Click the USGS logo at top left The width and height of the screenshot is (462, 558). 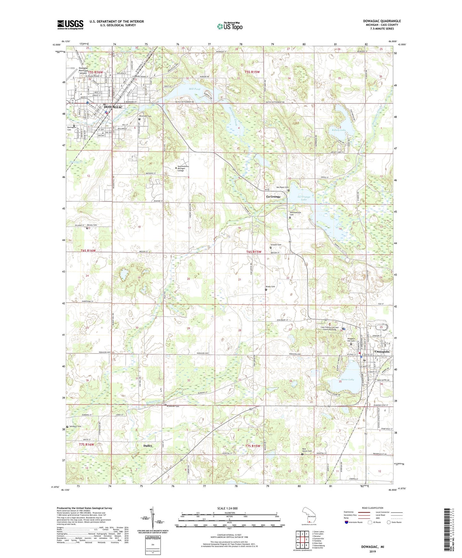click(70, 25)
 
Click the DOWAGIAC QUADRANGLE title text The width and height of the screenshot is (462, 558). click(382, 21)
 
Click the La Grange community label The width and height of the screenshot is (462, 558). click(273, 197)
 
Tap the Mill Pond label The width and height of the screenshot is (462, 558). click(194, 89)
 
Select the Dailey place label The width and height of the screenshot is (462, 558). click(147, 446)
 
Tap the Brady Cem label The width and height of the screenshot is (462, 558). click(270, 287)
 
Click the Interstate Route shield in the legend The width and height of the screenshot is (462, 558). click(347, 522)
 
